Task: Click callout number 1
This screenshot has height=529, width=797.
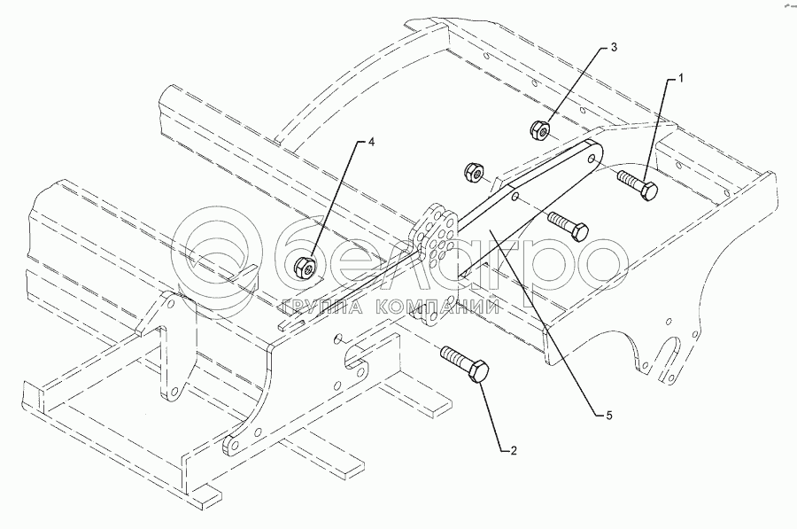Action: coord(680,79)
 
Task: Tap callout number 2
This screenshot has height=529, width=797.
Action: coord(513,450)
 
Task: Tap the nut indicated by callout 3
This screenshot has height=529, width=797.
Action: coord(539,130)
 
